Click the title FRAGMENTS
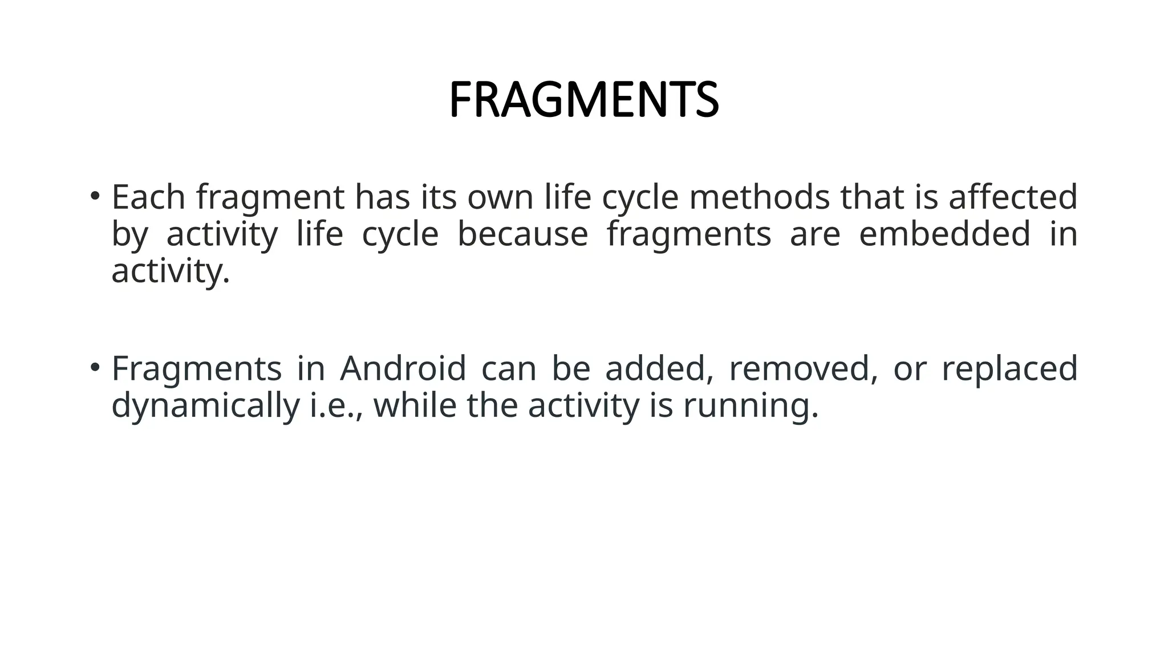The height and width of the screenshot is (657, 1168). pos(583,100)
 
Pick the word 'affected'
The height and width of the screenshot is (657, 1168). pos(1013,197)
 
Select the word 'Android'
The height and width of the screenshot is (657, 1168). pos(403,368)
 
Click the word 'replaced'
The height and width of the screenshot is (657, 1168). pos(1009,370)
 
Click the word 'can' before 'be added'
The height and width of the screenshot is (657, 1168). pos(509,370)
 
